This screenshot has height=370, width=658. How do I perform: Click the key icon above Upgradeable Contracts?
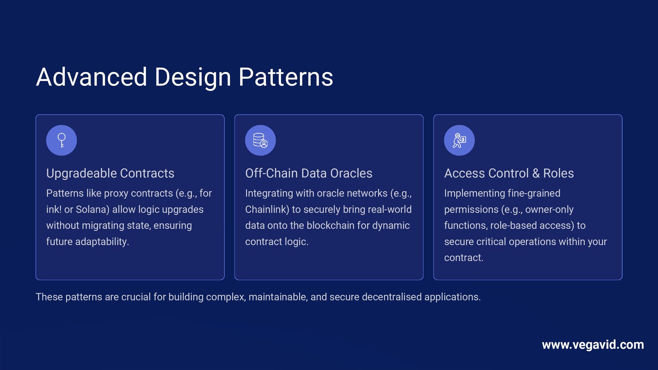(62, 140)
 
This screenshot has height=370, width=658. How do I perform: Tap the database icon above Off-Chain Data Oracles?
(260, 140)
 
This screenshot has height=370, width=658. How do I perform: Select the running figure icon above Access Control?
(459, 140)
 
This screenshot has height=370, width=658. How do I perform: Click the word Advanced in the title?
(92, 77)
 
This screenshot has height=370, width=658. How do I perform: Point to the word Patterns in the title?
(285, 77)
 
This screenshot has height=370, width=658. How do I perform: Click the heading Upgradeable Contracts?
(110, 173)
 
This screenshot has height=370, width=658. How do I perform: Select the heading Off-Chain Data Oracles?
(309, 173)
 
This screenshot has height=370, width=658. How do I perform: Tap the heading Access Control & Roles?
(509, 173)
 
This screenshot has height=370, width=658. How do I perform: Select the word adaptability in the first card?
(102, 242)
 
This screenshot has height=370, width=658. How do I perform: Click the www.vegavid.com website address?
(593, 345)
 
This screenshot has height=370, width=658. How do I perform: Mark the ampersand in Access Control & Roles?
(536, 173)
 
